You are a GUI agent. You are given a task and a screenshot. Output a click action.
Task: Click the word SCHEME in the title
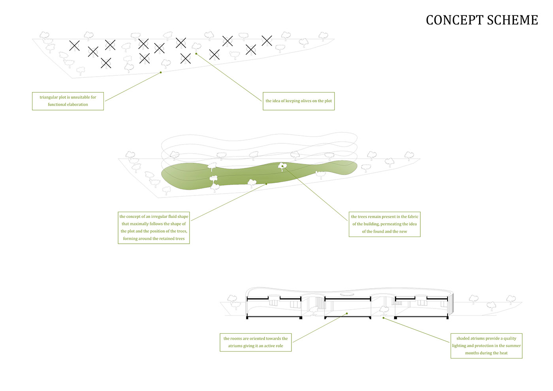point(512,20)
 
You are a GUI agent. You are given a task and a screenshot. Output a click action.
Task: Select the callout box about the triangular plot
point(68,101)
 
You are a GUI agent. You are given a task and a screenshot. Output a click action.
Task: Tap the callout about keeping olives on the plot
point(299,101)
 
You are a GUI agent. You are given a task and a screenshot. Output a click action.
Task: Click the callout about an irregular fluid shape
point(154,227)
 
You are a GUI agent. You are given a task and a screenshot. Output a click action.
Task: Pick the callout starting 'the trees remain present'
point(384,224)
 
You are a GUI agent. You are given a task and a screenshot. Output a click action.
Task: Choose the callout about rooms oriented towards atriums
point(256,342)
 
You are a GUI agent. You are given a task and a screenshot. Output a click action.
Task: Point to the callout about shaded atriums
point(486,346)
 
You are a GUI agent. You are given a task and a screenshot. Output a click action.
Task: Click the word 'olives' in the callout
point(306,101)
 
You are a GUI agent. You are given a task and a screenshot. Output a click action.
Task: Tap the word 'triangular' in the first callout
point(49,97)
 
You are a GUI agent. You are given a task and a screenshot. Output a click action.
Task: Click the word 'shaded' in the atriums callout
point(463,338)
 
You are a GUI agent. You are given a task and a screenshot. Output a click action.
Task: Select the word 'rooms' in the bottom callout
point(236,338)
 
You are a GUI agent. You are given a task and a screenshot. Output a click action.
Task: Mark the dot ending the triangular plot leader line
point(161,72)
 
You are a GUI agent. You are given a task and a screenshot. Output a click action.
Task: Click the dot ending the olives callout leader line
point(196,53)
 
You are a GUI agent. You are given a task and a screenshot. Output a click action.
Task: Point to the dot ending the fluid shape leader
point(266,184)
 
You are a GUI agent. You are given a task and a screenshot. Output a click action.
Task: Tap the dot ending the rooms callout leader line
point(347,314)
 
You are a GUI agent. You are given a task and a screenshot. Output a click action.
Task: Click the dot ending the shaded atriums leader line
point(383,318)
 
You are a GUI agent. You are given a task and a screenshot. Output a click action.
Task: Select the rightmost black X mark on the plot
point(267,40)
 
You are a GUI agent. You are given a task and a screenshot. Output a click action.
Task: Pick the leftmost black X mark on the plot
point(74,45)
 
